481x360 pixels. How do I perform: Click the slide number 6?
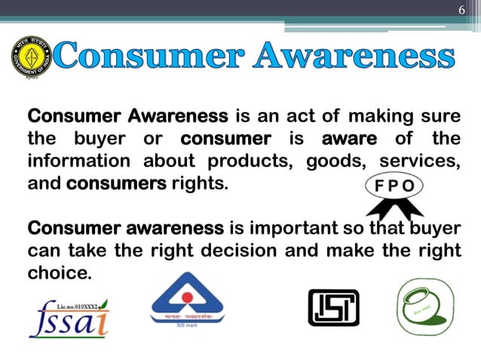coord(462,10)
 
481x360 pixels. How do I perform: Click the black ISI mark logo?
coord(333,308)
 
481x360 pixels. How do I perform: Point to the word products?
coord(239,161)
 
